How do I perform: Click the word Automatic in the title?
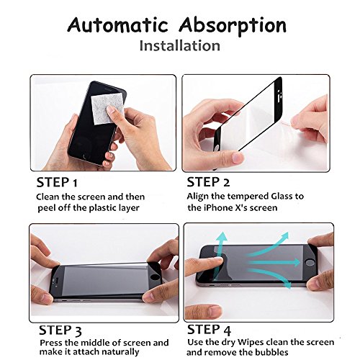(117, 25)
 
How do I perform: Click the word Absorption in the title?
(233, 26)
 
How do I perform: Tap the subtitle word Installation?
(180, 45)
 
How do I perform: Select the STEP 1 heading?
(57, 182)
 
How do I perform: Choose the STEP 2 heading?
(208, 182)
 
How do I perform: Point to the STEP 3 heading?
(60, 330)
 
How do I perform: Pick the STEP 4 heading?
(209, 330)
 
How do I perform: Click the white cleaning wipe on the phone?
(107, 109)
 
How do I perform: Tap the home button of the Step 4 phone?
(310, 262)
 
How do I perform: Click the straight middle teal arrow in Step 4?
(274, 262)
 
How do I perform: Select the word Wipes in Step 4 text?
(251, 343)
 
